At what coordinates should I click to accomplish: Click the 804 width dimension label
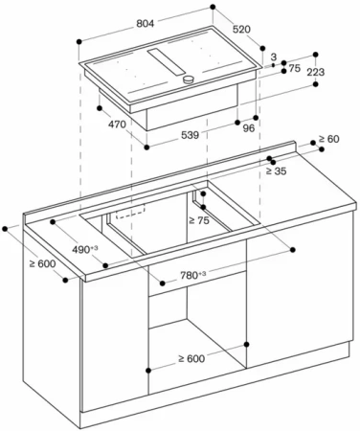coord(146,23)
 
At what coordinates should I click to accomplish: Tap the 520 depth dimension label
coord(241,30)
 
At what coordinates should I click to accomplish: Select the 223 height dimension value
coord(316,72)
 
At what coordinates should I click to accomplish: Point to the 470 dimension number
coord(117,125)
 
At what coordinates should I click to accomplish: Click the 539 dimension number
coord(191,135)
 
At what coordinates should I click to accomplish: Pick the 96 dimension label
coord(249,128)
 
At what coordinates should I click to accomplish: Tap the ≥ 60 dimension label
coord(328,139)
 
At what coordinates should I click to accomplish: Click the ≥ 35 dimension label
coord(277,171)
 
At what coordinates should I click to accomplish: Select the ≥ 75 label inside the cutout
coord(199,220)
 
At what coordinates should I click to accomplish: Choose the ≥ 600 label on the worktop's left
coord(42,264)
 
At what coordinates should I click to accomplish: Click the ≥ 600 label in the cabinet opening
coord(191,358)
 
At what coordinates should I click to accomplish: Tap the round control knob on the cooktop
coord(189,79)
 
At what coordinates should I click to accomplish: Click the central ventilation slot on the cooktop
coord(167,61)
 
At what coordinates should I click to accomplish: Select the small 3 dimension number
coord(274,57)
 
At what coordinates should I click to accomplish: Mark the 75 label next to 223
coord(295,68)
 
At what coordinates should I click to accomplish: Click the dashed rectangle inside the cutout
coord(130,212)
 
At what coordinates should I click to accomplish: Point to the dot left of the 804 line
coord(79,42)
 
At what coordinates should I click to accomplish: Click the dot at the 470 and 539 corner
coord(146,147)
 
